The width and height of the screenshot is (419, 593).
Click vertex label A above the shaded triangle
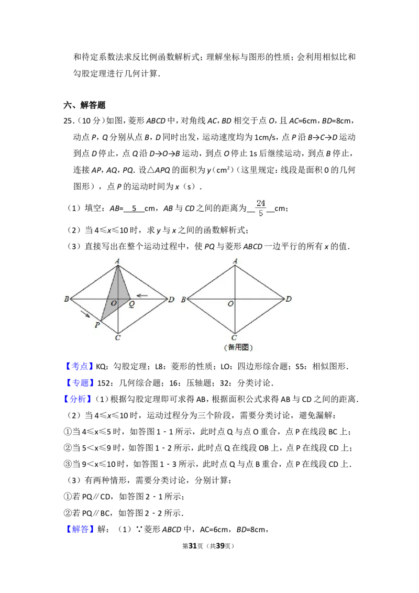(x=117, y=260)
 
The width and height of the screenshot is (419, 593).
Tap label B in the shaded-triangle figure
(x=67, y=299)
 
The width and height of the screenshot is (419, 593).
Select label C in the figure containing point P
(x=117, y=338)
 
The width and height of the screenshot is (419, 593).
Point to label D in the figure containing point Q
(x=171, y=300)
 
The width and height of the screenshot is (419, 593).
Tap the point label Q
(x=131, y=304)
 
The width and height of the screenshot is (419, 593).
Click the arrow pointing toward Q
(x=142, y=295)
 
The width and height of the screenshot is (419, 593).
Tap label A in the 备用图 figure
(x=235, y=261)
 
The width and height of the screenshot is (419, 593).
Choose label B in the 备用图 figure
(x=183, y=300)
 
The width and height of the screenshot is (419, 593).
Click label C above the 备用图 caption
(x=235, y=338)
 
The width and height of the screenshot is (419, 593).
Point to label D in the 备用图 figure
(x=289, y=299)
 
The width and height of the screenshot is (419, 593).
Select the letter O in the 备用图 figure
(x=230, y=304)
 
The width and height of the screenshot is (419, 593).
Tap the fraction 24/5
(x=260, y=207)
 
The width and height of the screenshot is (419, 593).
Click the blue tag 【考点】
(x=80, y=366)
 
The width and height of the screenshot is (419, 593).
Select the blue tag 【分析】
(x=78, y=400)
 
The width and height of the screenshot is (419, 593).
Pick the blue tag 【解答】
(x=81, y=530)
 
